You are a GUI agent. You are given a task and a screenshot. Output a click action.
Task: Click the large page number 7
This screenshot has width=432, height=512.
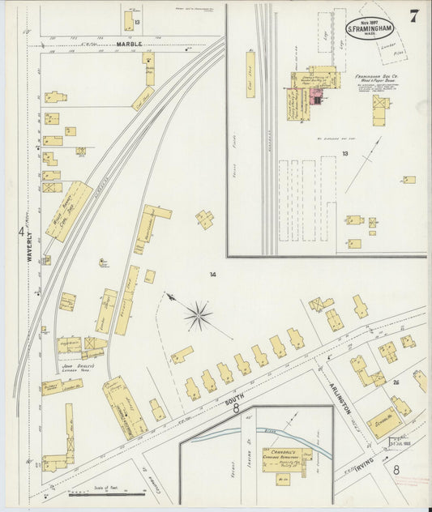click(x=413, y=16)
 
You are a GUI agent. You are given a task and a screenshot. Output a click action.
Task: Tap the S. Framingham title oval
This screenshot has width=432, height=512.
click(x=371, y=29)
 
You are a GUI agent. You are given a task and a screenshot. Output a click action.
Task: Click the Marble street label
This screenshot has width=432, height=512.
click(x=129, y=44)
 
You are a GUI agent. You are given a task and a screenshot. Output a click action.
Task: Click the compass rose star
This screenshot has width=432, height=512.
click(x=198, y=315)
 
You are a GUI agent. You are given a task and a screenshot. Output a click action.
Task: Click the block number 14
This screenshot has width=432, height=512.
click(x=212, y=275)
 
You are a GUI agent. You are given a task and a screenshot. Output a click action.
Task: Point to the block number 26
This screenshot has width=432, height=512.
click(x=396, y=382)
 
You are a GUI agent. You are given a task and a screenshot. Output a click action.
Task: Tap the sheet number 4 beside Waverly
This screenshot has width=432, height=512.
click(x=21, y=232)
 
